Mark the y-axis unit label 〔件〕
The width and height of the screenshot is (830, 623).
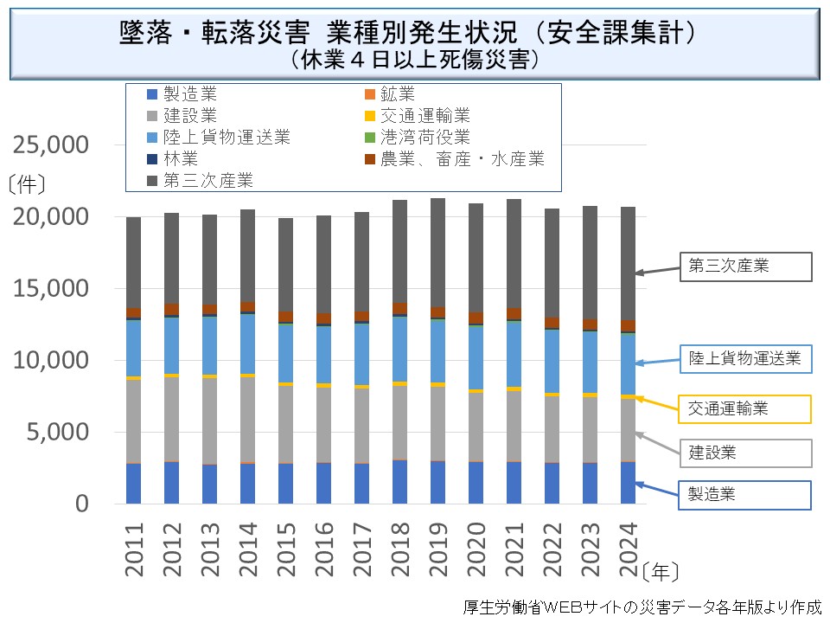tap(26, 183)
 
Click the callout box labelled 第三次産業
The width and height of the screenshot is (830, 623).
tap(749, 267)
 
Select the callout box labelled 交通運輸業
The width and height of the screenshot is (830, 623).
tap(749, 408)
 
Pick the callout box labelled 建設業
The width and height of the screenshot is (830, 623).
tap(749, 452)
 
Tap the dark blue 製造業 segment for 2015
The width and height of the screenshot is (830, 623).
tap(286, 484)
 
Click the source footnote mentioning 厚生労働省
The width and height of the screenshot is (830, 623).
tap(642, 607)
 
